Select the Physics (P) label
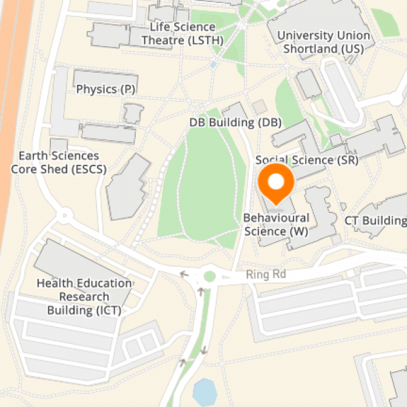tap(105, 90)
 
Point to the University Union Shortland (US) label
tap(324, 42)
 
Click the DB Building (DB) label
tap(235, 123)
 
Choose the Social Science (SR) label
tap(307, 160)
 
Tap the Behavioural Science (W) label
tap(276, 225)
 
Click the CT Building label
tap(375, 221)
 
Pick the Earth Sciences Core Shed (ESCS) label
tap(59, 163)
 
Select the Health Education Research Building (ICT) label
tap(84, 297)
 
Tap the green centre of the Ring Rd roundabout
tap(209, 277)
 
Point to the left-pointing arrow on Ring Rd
tap(182, 274)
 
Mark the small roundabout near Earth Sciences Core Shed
tap(65, 216)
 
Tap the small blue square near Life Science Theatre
tap(214, 65)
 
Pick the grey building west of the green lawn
tap(128, 187)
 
